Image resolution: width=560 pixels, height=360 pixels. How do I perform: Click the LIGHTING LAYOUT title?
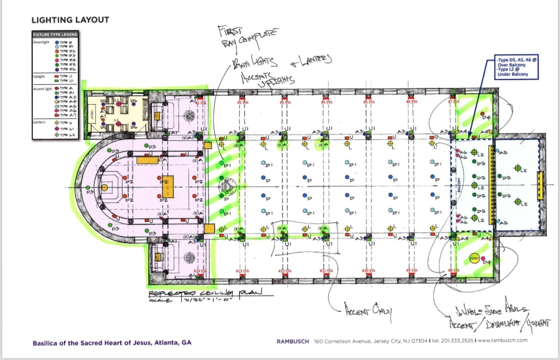70,20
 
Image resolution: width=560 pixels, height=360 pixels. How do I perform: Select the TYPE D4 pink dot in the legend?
57,60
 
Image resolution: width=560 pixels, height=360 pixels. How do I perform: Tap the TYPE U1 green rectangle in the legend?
57,80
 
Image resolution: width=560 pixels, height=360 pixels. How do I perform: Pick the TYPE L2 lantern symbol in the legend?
57,135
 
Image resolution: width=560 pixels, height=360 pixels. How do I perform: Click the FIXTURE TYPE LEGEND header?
55,35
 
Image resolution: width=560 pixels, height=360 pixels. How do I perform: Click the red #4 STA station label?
326,102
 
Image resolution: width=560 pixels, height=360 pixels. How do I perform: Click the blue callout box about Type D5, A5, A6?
517,68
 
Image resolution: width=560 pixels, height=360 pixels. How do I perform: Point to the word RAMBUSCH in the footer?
293,341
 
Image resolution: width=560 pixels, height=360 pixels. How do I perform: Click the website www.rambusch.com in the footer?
503,341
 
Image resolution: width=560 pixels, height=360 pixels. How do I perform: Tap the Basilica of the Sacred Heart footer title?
112,342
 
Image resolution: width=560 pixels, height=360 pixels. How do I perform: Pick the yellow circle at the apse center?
104,188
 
